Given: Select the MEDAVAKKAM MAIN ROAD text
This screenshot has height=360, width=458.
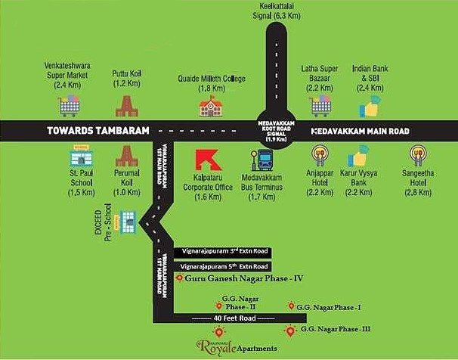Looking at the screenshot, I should (x=361, y=132).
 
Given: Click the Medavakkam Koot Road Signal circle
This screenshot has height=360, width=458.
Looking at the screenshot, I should (x=272, y=131).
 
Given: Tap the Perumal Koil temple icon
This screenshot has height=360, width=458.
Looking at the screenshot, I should (x=125, y=157).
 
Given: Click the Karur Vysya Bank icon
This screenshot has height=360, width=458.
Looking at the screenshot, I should (x=357, y=160).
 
